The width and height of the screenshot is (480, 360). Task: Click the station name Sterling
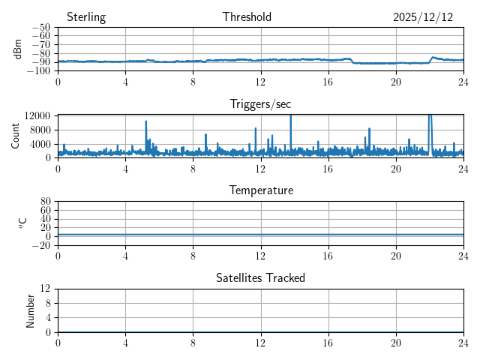tap(86, 17)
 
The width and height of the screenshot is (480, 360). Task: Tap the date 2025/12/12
tap(423, 17)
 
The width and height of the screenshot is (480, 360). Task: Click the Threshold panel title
tap(247, 17)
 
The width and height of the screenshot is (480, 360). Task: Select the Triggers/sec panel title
tap(260, 104)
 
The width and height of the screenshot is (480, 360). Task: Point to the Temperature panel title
tap(260, 190)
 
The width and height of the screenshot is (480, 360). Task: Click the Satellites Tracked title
tap(260, 277)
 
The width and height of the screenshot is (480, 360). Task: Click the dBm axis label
tap(18, 49)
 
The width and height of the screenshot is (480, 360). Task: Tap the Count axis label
tap(16, 136)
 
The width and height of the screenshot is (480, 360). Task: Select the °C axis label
tap(22, 223)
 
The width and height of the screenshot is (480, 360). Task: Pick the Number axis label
tap(31, 310)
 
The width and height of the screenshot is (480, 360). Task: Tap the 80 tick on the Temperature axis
tap(46, 202)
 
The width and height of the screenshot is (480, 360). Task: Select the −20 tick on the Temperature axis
tap(41, 245)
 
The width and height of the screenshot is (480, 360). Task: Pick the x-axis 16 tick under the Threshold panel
tap(328, 82)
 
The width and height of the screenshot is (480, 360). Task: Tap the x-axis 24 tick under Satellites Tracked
tap(463, 343)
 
